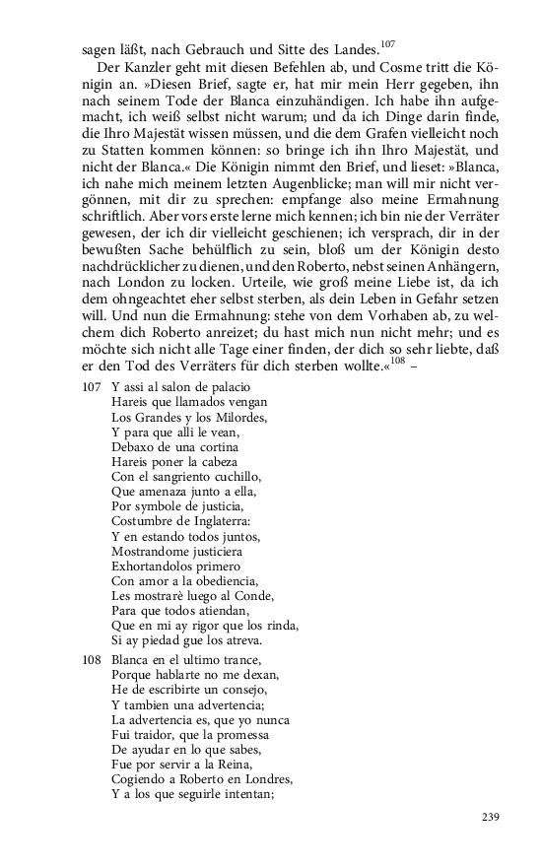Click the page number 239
tap(492, 816)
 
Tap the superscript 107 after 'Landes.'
tap(387, 41)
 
